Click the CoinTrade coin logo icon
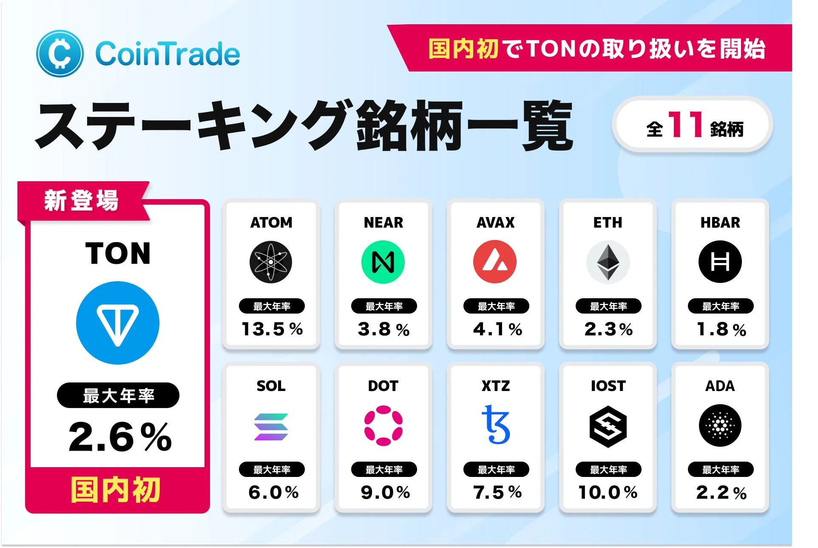coord(60,54)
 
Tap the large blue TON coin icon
coord(118,323)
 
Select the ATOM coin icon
coord(271,262)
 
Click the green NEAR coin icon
coord(383,262)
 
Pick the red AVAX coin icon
coord(495,262)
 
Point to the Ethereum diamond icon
coord(608,262)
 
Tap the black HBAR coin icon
coord(720,262)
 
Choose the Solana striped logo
coord(271,426)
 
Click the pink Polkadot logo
coord(383,425)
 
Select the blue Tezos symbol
coord(496,425)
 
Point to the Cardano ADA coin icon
coord(720,425)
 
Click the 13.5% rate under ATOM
coord(272,329)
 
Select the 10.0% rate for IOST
coord(608,492)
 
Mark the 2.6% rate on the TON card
coord(120,437)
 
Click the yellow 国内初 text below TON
coord(116,490)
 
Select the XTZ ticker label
coord(496,386)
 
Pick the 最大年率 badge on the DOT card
coord(384,469)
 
